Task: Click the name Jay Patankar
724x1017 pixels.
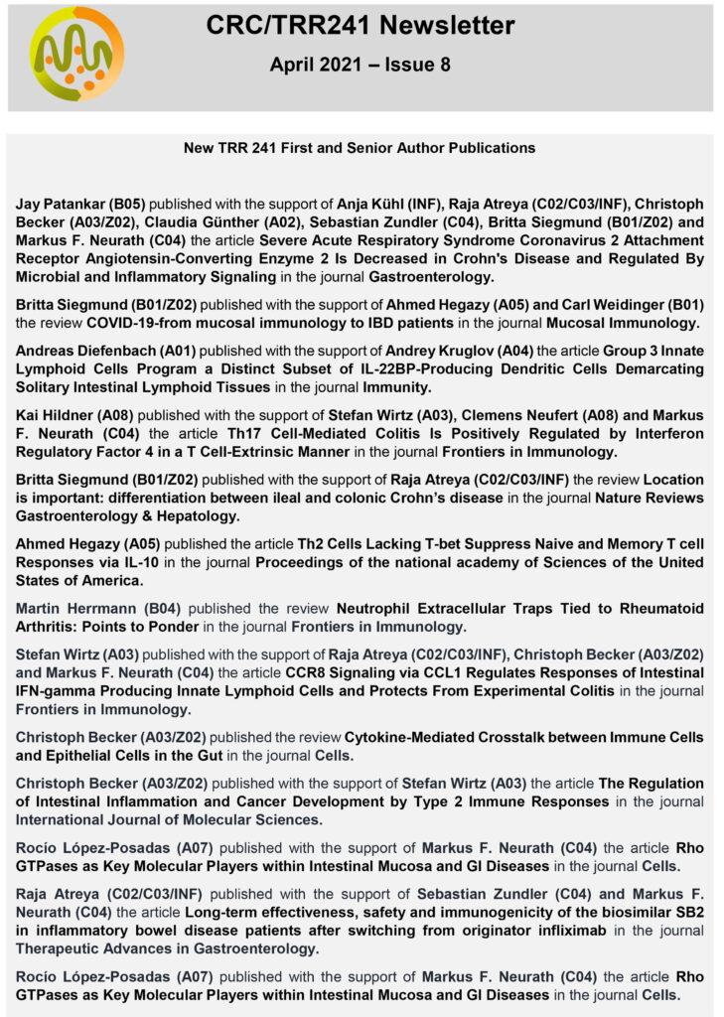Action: point(63,204)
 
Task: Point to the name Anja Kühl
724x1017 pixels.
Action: point(375,204)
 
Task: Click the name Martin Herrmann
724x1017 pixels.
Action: point(72,609)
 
